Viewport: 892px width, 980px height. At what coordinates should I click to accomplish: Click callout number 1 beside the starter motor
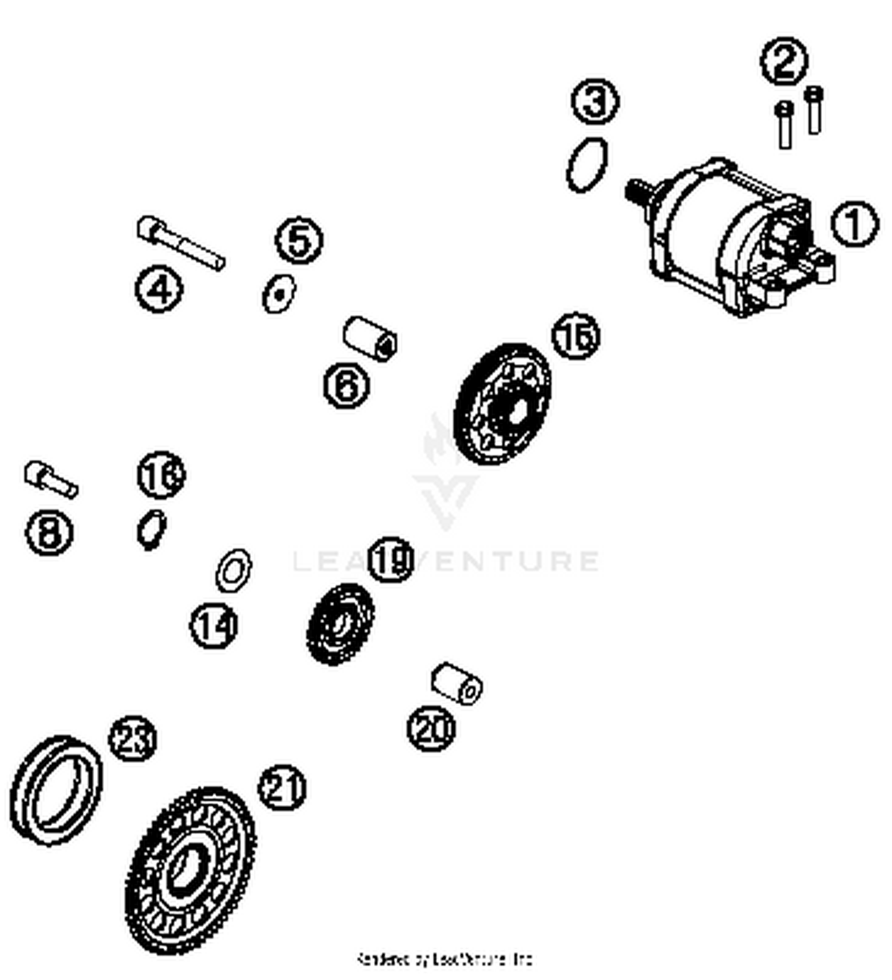[854, 225]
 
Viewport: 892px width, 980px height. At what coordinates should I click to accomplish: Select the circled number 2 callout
[784, 60]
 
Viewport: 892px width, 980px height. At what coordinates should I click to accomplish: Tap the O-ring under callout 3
[587, 165]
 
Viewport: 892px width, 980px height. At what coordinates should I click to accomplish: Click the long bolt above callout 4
[180, 242]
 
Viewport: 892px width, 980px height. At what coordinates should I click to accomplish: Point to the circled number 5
[299, 240]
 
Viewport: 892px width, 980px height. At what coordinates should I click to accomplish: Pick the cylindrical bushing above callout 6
[370, 338]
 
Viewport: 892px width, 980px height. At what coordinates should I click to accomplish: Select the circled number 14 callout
[213, 626]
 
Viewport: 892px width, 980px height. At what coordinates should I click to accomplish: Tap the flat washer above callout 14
[233, 571]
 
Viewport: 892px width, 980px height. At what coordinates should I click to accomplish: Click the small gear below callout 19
[340, 624]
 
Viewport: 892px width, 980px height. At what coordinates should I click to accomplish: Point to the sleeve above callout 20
[456, 683]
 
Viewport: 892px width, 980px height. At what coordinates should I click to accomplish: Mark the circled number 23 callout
[133, 739]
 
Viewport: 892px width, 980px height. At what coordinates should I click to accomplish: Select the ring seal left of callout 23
[56, 790]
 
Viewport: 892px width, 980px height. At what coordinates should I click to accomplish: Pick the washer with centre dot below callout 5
[279, 293]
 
